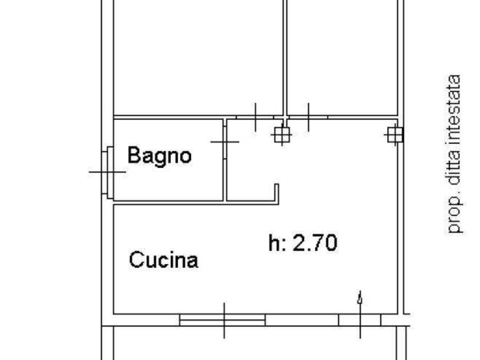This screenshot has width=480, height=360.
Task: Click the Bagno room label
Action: coord(159,155)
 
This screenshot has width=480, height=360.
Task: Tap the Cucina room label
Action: coord(163,259)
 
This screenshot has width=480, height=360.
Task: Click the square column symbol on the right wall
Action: coord(394,135)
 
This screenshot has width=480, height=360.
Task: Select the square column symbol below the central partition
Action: coord(282,135)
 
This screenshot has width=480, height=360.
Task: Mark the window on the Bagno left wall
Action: coord(109,172)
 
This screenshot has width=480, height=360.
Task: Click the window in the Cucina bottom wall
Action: coord(222,320)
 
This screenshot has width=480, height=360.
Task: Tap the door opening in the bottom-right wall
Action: coord(360,320)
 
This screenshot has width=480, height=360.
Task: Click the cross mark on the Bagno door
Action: coord(225,141)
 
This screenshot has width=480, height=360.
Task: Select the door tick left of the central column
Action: coord(255,117)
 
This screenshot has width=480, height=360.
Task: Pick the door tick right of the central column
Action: coord(309,117)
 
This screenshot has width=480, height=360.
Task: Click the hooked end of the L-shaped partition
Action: coord(276,192)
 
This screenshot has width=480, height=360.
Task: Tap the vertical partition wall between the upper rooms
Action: coord(284,57)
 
